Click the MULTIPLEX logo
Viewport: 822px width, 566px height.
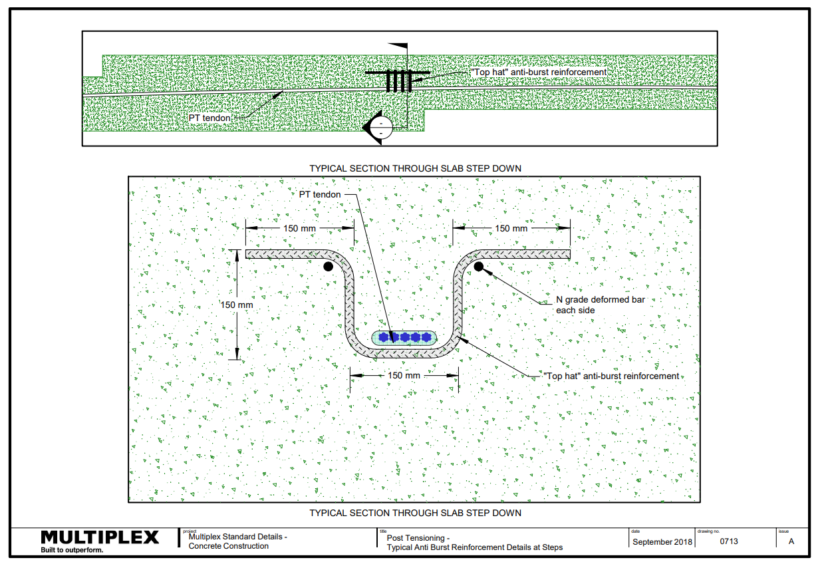100,537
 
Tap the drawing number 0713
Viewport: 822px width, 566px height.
728,541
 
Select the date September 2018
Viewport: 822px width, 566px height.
662,542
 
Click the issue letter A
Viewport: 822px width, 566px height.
791,541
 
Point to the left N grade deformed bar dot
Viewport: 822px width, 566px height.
328,267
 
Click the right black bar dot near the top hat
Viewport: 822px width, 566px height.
479,267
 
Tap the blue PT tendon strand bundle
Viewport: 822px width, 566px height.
404,337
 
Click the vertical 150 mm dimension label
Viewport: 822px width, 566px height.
237,305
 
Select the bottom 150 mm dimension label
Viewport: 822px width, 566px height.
404,375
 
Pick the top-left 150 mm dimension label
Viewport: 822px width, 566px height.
299,228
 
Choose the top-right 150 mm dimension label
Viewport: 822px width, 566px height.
511,228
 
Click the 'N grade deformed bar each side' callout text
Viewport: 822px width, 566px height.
601,305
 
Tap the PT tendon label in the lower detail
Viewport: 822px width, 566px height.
320,194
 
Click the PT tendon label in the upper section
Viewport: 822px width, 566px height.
209,118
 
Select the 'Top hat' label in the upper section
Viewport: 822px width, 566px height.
539,72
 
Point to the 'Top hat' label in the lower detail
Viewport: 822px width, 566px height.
611,376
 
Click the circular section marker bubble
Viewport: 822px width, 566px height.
381,128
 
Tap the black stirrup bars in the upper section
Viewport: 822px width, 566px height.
398,80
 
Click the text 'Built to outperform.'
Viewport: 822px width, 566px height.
72,550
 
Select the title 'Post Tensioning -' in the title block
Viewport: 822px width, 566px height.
418,538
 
